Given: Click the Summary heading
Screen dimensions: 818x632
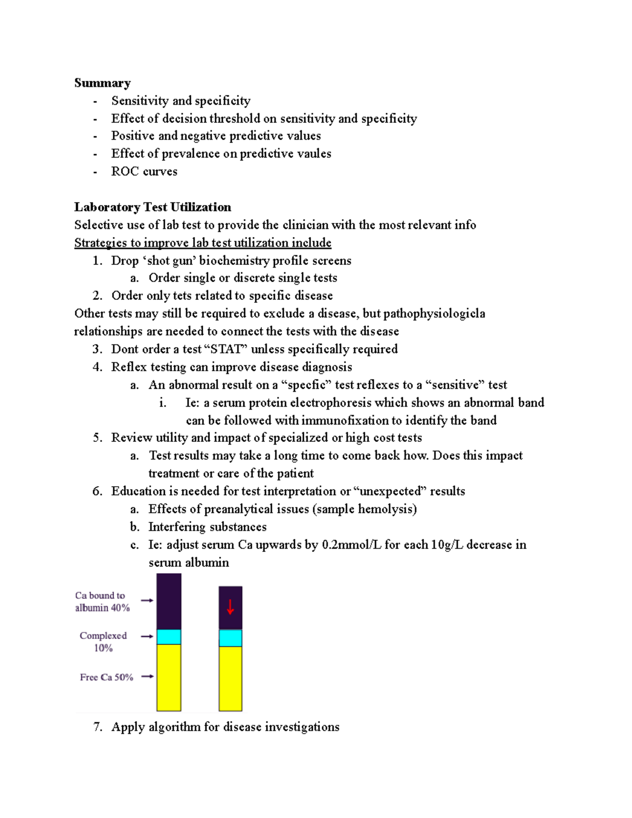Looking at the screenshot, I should (102, 83).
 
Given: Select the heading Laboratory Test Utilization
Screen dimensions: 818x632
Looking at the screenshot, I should (153, 207).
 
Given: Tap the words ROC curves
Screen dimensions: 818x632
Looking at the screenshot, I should (144, 172).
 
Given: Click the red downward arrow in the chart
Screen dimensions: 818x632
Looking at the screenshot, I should (230, 607).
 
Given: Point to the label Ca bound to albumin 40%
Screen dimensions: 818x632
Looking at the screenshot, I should (102, 602).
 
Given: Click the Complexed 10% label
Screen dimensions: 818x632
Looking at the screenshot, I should (103, 642).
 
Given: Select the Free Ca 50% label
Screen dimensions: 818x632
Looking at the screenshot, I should (106, 677).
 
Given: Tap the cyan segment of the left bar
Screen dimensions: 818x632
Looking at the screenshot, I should (169, 637).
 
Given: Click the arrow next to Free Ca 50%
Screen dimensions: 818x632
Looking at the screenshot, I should (147, 676).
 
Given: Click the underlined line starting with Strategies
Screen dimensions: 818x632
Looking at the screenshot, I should (203, 243).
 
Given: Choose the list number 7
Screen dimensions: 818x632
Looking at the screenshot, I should (97, 727).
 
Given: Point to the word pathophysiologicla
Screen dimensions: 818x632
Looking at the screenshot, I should (434, 314).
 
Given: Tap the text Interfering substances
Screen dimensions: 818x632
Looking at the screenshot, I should (207, 527).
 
